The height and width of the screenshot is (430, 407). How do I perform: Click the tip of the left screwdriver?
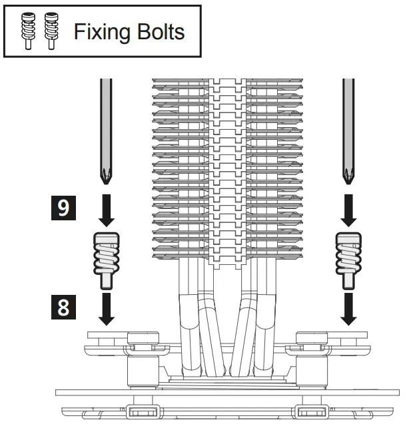click(105, 180)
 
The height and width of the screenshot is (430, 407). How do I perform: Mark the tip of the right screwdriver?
click(348, 180)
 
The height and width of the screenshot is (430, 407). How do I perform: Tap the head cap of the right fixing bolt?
click(348, 239)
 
